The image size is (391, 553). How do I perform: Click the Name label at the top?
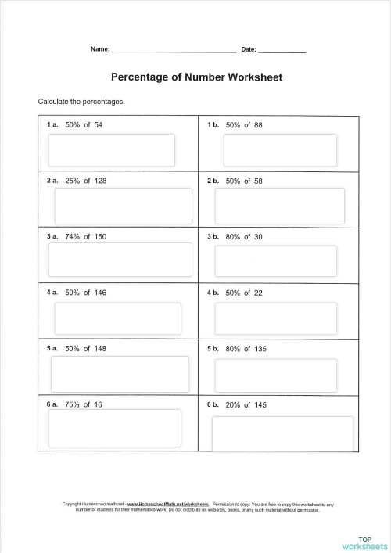click(x=100, y=49)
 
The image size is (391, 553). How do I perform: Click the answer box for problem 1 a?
click(x=112, y=149)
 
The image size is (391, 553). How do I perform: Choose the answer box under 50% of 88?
click(x=280, y=149)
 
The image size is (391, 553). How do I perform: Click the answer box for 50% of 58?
click(x=280, y=205)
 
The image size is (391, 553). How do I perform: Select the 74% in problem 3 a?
click(x=74, y=236)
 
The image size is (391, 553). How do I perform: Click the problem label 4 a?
click(x=52, y=293)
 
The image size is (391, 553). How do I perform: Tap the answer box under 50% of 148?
click(x=120, y=373)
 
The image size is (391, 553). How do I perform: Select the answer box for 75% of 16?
click(x=114, y=428)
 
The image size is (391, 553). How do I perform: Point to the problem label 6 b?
click(x=213, y=404)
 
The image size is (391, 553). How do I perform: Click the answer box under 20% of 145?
click(x=282, y=433)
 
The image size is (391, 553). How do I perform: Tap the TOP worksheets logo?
click(x=364, y=542)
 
